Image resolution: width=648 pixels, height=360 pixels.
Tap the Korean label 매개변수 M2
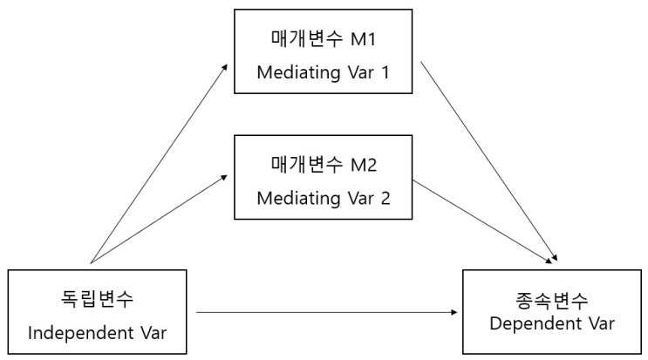(x=322, y=163)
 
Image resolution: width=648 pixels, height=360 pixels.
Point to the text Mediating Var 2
(x=322, y=197)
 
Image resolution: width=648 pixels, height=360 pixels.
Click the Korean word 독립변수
(x=96, y=299)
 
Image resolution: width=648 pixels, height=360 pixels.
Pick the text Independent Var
(x=96, y=332)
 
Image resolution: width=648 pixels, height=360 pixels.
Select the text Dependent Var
(x=552, y=324)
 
